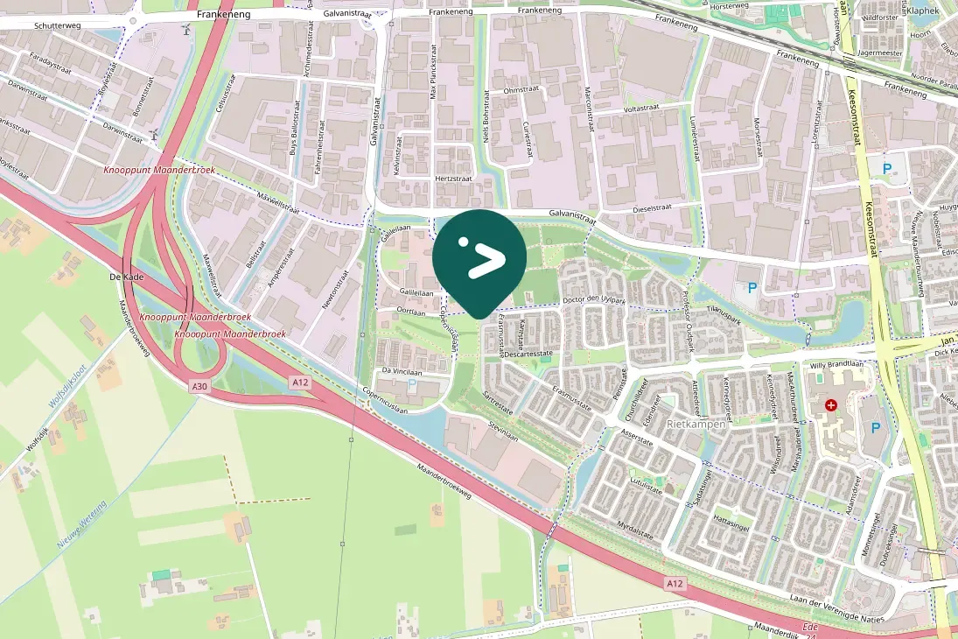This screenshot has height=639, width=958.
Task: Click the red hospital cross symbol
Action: (830, 405)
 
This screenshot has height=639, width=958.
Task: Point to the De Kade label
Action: (126, 277)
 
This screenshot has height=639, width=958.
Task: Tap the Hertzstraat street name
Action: (452, 178)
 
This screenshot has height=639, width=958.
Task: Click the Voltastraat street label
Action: (640, 108)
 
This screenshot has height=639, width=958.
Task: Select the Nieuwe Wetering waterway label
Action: (81, 526)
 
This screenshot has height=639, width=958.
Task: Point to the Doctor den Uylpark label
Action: (595, 301)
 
